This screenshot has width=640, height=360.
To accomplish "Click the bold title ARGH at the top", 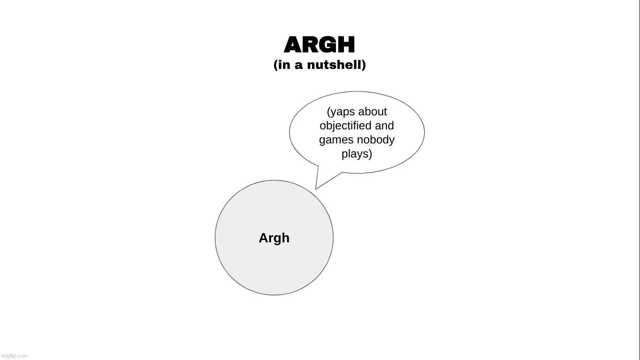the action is click(319, 45).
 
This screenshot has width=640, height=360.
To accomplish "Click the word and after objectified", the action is click(384, 126).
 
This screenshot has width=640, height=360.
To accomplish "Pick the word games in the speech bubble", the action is click(336, 140).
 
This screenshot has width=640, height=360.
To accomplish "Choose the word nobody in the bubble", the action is click(376, 140).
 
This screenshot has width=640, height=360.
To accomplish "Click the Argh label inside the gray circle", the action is click(274, 238).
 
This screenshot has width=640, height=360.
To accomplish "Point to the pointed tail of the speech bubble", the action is click(316, 189).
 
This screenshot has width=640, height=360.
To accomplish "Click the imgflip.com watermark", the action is click(15, 356).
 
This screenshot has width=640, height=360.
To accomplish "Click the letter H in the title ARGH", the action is click(346, 45).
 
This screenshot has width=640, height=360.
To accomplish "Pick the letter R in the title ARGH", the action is click(311, 45).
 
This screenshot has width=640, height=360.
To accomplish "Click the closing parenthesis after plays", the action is click(370, 154).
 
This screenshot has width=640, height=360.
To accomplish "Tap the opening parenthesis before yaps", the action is click(328, 112).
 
